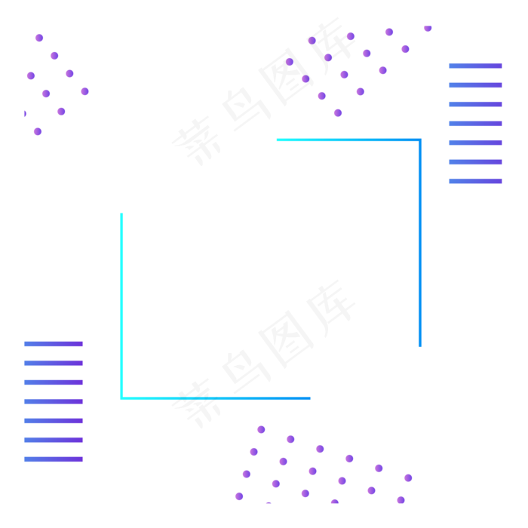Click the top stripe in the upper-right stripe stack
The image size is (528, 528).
tap(475, 66)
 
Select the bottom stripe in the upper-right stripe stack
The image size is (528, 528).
tap(475, 181)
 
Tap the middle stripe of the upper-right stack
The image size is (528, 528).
tap(475, 124)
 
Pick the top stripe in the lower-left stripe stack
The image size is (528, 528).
tap(53, 344)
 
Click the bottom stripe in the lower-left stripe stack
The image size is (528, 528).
tap(53, 459)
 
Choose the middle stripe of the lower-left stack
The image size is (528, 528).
tap(53, 401)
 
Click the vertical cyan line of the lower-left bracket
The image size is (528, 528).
tap(121, 302)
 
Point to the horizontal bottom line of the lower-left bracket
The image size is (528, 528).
tap(219, 398)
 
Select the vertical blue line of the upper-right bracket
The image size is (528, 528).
tap(420, 241)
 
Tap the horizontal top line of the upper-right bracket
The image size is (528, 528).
tap(347, 140)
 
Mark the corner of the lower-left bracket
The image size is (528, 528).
tap(121, 398)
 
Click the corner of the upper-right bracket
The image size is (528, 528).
tap(420, 140)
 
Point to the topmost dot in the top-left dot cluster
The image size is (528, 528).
tap(39, 38)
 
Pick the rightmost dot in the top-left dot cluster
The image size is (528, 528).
tap(84, 91)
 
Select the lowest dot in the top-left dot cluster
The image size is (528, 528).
tap(38, 131)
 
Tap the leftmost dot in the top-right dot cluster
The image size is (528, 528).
tap(290, 62)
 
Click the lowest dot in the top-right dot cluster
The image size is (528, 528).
tap(338, 112)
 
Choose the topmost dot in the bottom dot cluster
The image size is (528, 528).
tap(261, 429)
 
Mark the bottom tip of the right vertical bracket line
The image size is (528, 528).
tap(420, 346)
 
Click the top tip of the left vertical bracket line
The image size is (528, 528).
tap(121, 214)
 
